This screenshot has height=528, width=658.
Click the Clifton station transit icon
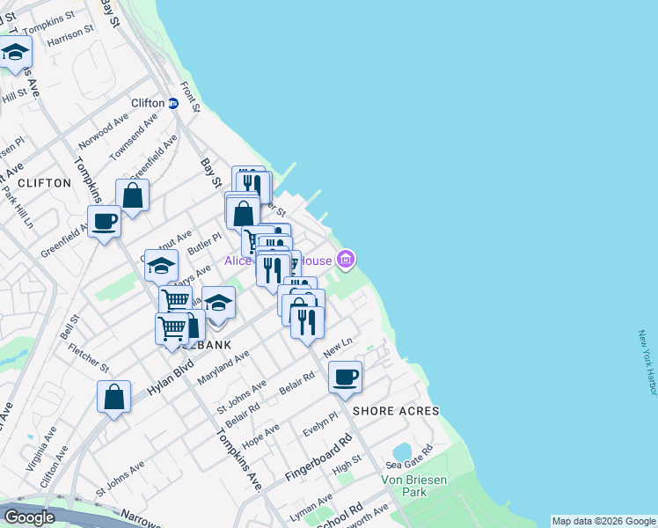[173, 103]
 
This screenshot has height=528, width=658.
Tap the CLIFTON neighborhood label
[43, 183]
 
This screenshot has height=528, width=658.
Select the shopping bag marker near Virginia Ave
[114, 396]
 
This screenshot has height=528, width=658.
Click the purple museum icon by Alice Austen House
[346, 259]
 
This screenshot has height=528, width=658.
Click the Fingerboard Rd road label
[318, 458]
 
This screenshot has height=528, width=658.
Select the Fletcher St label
[91, 355]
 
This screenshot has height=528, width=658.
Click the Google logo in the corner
[29, 517]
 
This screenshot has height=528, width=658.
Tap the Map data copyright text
[603, 521]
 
